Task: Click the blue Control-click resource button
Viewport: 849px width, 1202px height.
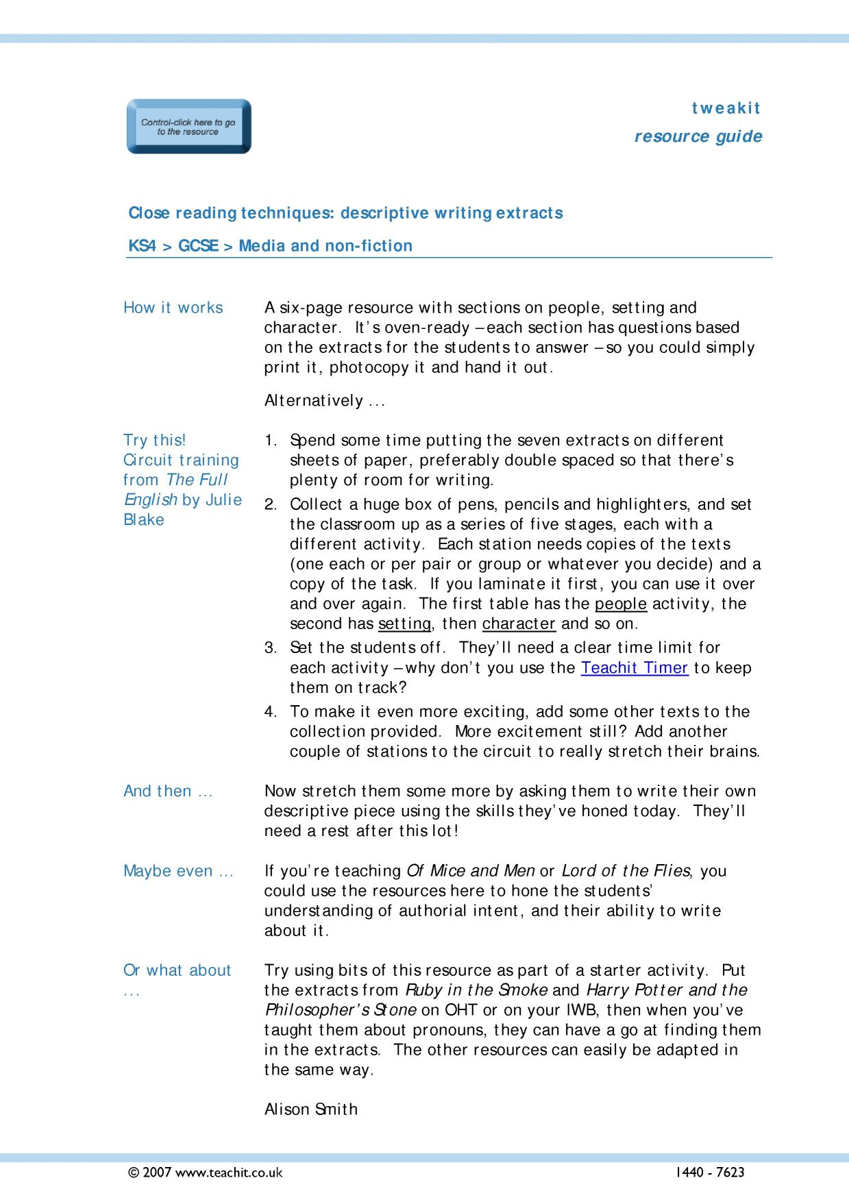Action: (188, 127)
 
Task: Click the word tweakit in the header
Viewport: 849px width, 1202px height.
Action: (726, 108)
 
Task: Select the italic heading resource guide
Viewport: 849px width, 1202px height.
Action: (698, 136)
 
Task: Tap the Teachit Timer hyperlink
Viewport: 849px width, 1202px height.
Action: (634, 667)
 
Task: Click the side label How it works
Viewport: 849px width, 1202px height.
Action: (173, 308)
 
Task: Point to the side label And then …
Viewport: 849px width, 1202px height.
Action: (168, 791)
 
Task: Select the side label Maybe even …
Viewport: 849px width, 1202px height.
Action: (178, 871)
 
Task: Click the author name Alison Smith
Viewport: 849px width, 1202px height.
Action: (311, 1109)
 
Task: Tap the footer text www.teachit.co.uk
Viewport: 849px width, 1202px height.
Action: (229, 1173)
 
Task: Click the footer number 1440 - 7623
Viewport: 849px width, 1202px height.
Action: (709, 1173)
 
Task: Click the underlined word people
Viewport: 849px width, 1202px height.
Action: (621, 604)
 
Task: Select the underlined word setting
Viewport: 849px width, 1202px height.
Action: (404, 624)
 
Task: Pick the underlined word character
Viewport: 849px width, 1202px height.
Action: (519, 624)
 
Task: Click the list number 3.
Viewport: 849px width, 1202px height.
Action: (270, 648)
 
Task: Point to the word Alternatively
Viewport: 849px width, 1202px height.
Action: (314, 400)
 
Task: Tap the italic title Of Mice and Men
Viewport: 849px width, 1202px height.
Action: (471, 871)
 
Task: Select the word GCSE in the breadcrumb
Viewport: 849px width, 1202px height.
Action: (198, 246)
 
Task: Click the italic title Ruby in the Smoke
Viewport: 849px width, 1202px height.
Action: (477, 990)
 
